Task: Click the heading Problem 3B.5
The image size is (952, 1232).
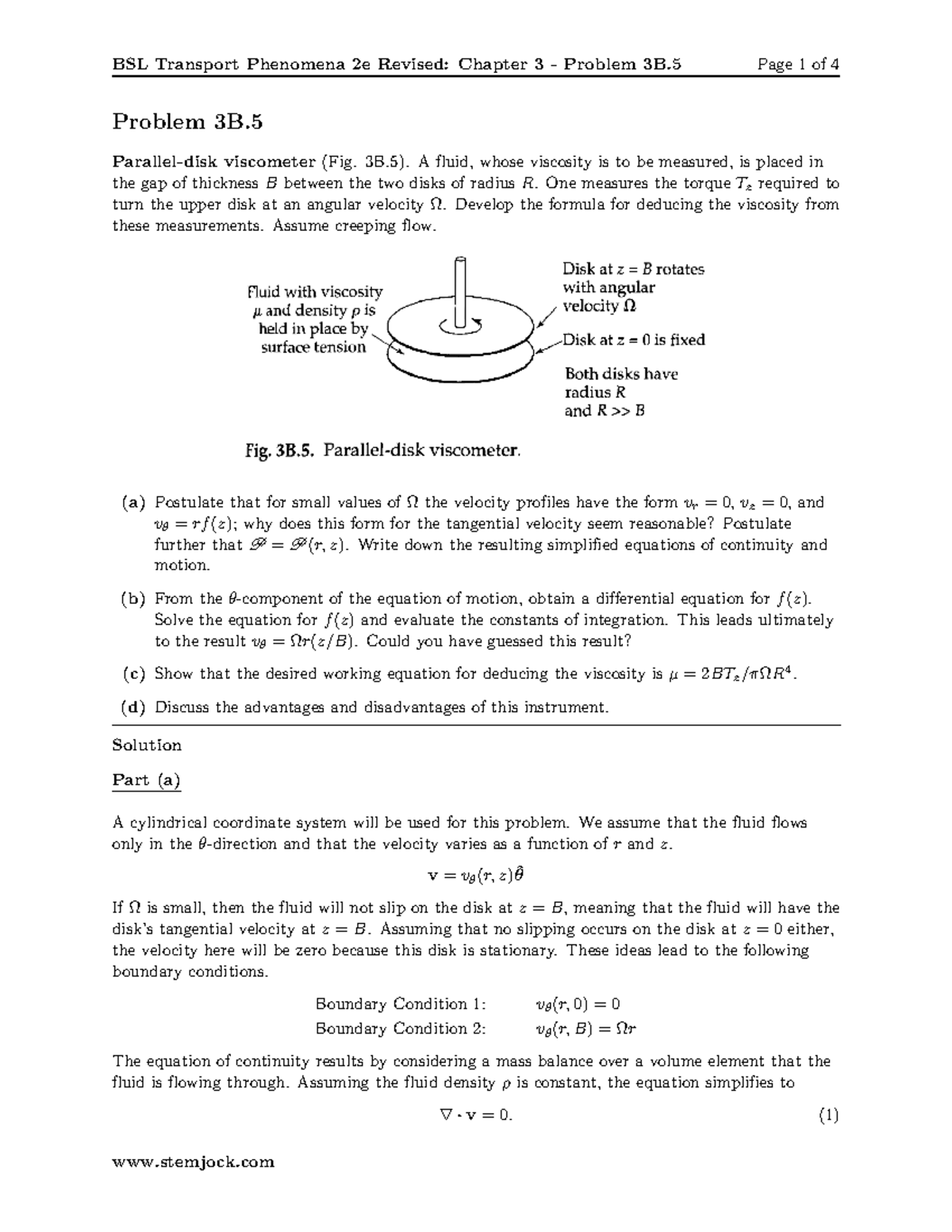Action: (x=187, y=122)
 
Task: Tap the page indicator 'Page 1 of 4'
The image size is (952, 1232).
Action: (x=798, y=64)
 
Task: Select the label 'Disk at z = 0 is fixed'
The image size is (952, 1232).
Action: (x=634, y=340)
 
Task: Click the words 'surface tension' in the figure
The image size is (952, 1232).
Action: (x=313, y=347)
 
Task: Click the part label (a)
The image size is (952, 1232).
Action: (x=133, y=502)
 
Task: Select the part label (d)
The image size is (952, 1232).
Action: (x=133, y=707)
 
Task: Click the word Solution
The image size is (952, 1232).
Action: (x=147, y=745)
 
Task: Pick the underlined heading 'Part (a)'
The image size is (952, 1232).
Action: (x=147, y=780)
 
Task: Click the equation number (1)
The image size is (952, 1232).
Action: (x=828, y=1115)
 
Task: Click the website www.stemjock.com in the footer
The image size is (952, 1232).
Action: (x=194, y=1162)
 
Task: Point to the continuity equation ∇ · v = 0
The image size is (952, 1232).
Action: (x=475, y=1115)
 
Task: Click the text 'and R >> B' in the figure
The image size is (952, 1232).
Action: (x=604, y=411)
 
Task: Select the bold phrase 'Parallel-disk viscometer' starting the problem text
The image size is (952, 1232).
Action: (x=213, y=163)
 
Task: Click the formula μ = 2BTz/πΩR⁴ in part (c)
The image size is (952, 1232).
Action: (x=732, y=674)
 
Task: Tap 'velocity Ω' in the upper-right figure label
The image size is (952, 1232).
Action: (x=599, y=306)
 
